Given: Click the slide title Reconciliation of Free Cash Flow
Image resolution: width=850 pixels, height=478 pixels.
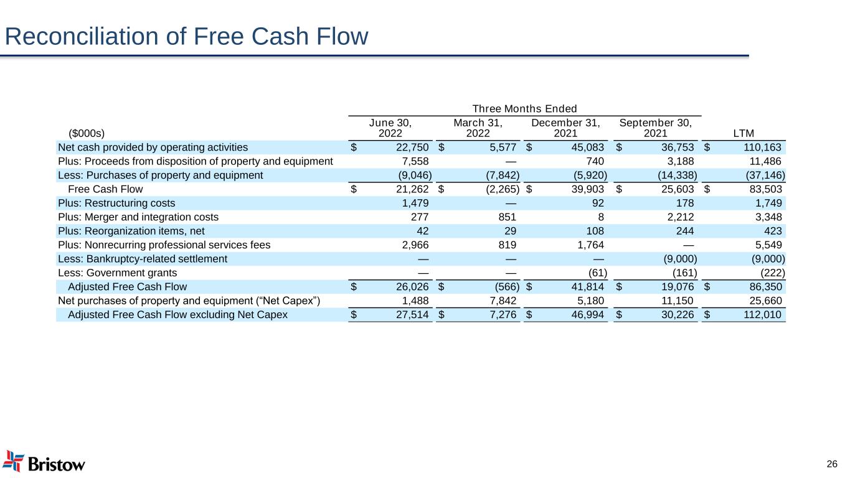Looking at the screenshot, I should (187, 37).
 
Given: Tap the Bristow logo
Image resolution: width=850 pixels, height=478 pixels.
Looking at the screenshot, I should (44, 462).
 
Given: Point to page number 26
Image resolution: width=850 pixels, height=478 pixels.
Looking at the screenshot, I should (832, 464).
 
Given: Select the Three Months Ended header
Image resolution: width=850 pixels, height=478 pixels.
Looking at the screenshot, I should (525, 109).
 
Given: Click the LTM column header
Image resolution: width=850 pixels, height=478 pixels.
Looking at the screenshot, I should (744, 133).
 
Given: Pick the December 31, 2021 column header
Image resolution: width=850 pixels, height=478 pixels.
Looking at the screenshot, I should (565, 128).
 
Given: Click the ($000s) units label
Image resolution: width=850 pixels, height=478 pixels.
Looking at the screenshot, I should (86, 133).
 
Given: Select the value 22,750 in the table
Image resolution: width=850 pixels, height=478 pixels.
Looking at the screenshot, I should (410, 148).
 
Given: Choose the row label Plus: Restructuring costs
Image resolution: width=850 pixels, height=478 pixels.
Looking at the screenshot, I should (116, 203).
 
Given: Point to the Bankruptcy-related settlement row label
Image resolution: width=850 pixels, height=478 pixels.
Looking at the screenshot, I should (143, 258).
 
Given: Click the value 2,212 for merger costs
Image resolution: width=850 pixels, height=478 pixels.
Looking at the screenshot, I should (680, 217).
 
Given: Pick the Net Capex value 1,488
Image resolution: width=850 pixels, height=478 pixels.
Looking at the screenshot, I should (416, 301).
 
